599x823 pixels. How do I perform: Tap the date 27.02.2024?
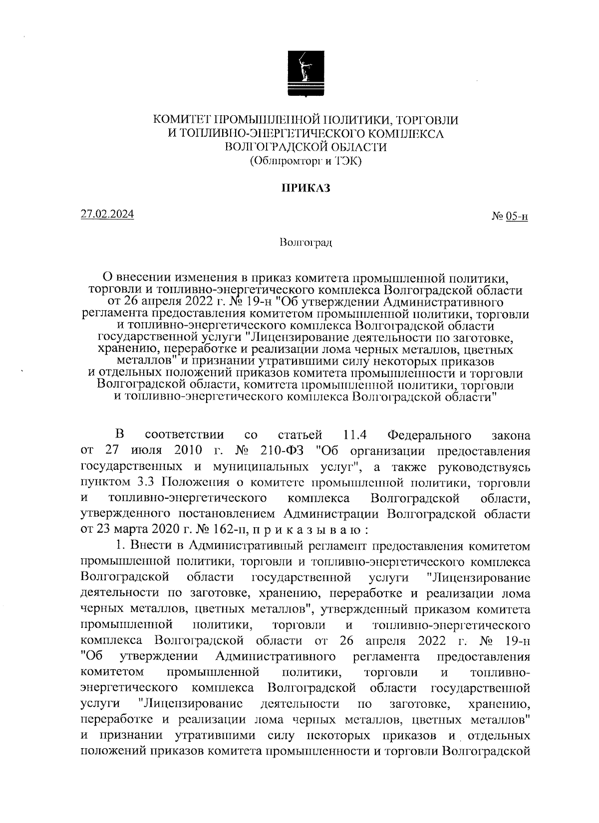click(x=108, y=215)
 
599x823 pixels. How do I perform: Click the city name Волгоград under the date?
click(x=306, y=243)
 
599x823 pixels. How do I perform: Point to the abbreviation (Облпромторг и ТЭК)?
click(x=305, y=161)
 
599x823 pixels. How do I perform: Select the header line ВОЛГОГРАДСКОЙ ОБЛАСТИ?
click(x=306, y=147)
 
